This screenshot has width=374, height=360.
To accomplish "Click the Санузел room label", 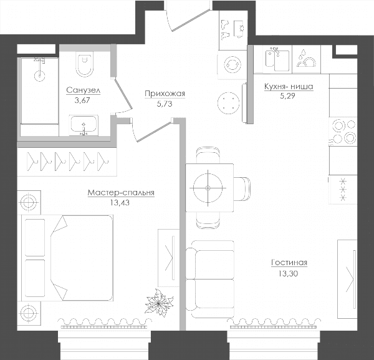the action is tap(84, 90).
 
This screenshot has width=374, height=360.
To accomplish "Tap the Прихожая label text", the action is tap(165, 94).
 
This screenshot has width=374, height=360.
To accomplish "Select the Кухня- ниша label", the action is tap(289, 86).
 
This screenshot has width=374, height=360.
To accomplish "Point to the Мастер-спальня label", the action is tap(121, 193).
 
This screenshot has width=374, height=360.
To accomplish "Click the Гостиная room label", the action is tap(289, 263).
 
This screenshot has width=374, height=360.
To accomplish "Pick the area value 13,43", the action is tap(120, 203).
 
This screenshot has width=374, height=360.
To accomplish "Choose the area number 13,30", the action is tap(288, 273).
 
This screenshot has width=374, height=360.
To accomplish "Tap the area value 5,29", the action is tap(287, 96).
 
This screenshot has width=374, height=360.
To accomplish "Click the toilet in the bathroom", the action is tap(84, 64).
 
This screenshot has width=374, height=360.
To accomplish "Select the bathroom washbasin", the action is tap(84, 125).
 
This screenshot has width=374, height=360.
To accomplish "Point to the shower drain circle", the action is tap(40, 76).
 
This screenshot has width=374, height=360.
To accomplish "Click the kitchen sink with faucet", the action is tap(277, 60).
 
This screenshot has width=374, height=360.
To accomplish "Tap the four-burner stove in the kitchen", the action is tap(343, 131).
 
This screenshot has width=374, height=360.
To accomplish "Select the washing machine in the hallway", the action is tap(233, 64).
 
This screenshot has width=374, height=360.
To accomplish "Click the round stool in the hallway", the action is tap(228, 103).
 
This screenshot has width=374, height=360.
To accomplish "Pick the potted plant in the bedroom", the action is tap(158, 303).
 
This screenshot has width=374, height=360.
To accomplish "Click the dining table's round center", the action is tap(208, 188).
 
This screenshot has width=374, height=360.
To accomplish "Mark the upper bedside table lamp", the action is tap(29, 202).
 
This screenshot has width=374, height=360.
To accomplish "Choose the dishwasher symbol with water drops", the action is tap(306, 59).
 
